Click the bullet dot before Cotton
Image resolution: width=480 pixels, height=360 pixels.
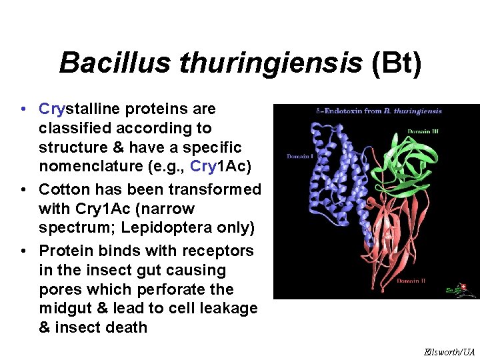tap(23, 189)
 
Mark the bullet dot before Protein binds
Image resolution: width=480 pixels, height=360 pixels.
tap(23, 251)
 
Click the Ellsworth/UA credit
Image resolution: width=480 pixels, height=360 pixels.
tap(449, 351)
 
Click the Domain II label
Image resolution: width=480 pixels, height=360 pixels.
tap(411, 281)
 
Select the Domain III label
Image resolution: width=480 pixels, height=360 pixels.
tap(423, 131)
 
